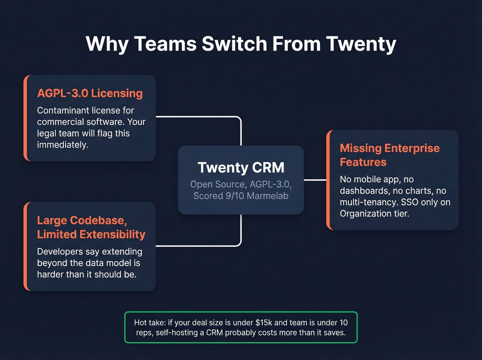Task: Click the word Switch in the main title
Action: tap(234, 44)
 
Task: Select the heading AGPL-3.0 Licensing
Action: tap(90, 93)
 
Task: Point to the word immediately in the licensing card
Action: tap(62, 145)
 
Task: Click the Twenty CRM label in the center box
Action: tap(241, 168)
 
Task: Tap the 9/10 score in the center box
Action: tap(234, 196)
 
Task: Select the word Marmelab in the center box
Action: tap(268, 196)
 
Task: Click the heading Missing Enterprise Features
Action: tap(389, 155)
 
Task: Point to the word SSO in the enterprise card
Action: tap(409, 202)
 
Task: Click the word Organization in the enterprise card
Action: tap(366, 214)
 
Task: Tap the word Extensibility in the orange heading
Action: tap(113, 235)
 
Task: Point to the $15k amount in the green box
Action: tap(263, 323)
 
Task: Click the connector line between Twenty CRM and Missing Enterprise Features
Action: tap(315, 180)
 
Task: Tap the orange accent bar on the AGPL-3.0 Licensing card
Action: tap(25, 118)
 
